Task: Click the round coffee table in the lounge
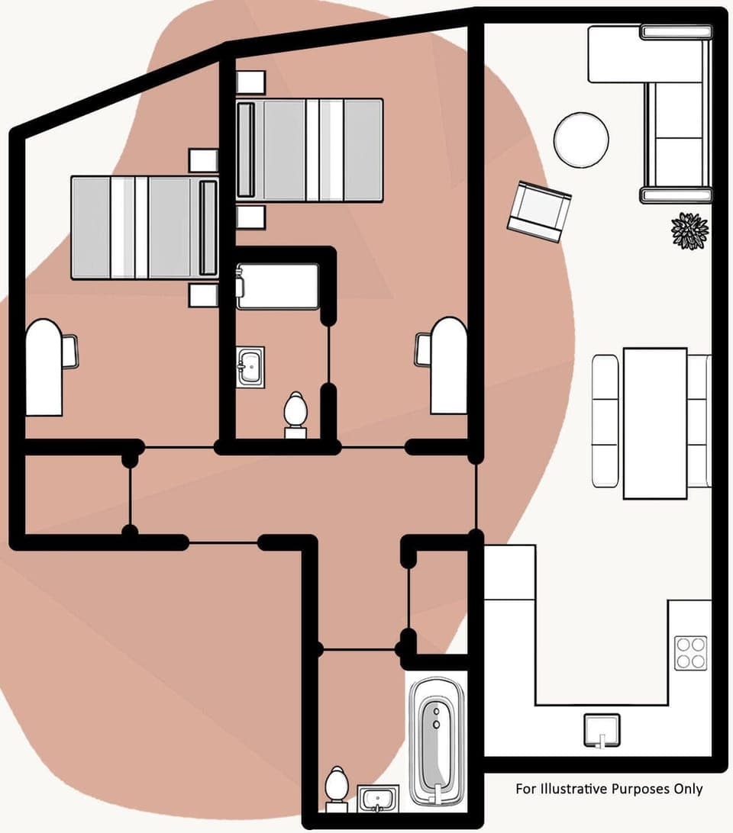tap(581, 139)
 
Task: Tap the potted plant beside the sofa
tap(689, 230)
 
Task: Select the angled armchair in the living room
tap(539, 211)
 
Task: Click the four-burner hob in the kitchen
tap(690, 652)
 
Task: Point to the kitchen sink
tap(601, 730)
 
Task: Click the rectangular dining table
tap(654, 423)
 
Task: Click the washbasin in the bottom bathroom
tap(376, 799)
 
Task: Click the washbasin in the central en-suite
tap(250, 367)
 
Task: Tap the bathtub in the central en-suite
tap(277, 286)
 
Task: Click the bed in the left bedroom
tap(144, 227)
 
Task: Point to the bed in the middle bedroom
tap(309, 150)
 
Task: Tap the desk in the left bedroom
tap(44, 367)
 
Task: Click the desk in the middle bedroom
tap(449, 365)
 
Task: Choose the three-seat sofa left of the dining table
tap(605, 420)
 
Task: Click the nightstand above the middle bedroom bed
tap(250, 81)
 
